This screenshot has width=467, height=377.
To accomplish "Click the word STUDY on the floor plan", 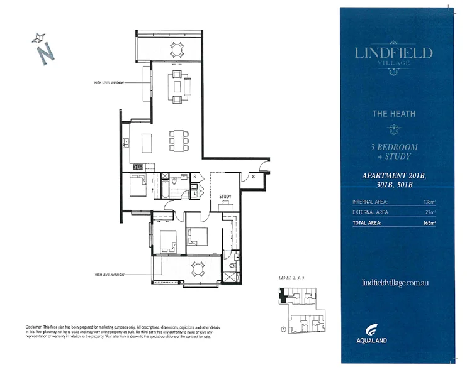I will click(225, 197).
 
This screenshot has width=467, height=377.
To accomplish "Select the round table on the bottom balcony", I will click(198, 268).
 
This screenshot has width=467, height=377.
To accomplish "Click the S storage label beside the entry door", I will click(253, 177).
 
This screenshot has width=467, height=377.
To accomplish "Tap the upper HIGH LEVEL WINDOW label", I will click(110, 83).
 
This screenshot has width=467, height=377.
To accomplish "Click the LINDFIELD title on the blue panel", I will click(394, 53).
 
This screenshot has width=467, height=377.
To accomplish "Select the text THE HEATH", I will click(394, 114).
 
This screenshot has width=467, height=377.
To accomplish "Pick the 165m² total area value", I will click(430, 223).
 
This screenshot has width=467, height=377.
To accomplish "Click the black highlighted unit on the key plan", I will click(283, 298).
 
